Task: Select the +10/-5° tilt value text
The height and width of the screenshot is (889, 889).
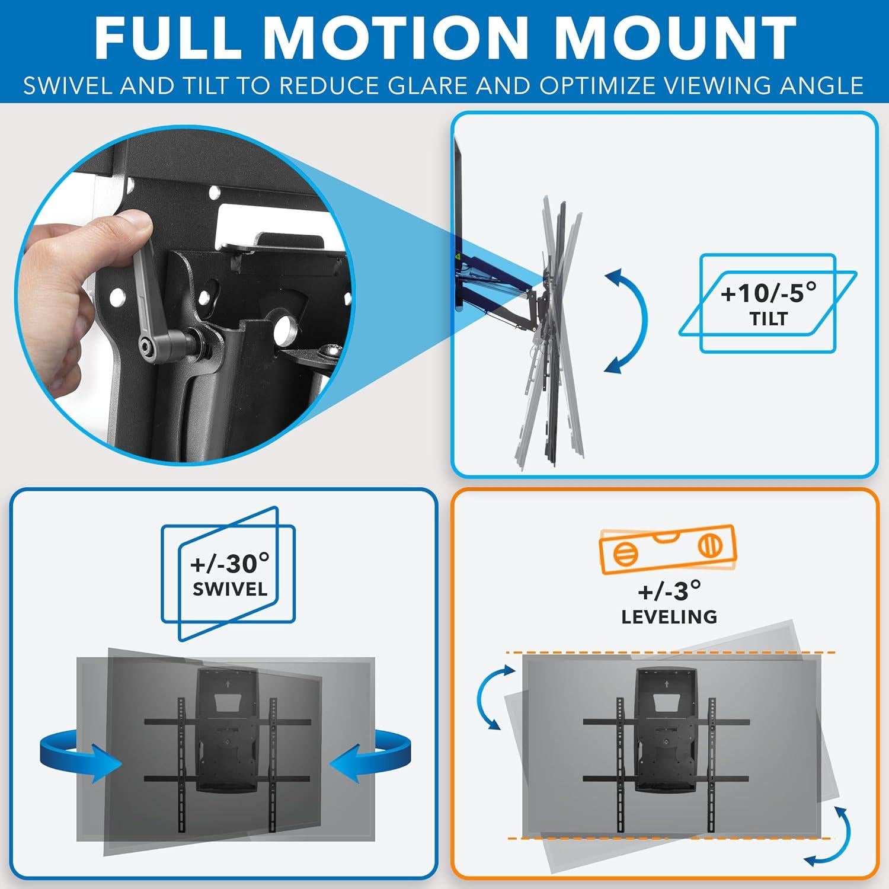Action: tap(768, 293)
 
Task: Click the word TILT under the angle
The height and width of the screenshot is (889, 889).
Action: tap(768, 319)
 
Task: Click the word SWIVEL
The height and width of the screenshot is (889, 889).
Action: tap(229, 590)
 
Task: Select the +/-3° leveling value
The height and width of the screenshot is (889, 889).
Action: tap(669, 591)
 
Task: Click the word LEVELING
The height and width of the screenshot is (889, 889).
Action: tap(669, 617)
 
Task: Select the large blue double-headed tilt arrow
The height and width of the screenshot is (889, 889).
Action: tap(628, 320)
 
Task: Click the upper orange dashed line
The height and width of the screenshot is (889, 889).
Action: tap(670, 653)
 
